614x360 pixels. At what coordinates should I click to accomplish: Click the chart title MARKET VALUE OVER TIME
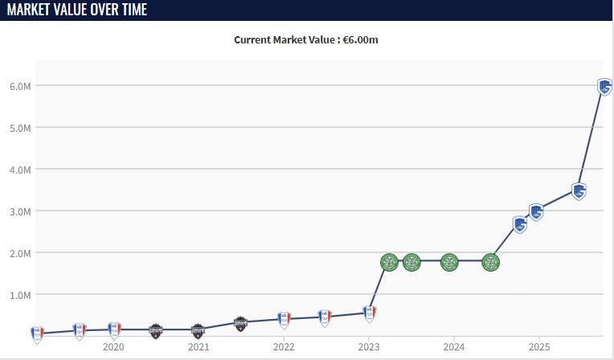point(77,10)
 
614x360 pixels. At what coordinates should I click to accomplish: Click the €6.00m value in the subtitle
point(359,39)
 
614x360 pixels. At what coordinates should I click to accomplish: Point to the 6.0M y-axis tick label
point(21,86)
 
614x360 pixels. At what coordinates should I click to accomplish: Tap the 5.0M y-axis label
point(21,128)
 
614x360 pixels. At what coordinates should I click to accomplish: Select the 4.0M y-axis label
point(21,170)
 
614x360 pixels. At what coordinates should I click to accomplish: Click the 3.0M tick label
point(21,211)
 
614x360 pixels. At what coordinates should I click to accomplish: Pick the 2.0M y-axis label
point(21,253)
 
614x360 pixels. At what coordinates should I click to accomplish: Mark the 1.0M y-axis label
point(21,295)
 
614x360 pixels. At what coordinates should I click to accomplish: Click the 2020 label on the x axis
point(113,347)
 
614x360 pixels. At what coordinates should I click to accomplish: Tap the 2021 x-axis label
point(199,347)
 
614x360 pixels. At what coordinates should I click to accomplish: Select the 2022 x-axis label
point(284,347)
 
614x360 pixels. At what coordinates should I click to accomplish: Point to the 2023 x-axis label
point(369,347)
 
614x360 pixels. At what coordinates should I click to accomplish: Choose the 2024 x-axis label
point(454,347)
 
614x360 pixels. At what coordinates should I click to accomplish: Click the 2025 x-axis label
point(539,347)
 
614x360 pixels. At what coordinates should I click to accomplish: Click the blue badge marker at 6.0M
point(605,87)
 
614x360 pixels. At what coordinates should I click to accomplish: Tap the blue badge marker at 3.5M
point(579,190)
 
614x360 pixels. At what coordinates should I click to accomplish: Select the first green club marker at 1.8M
point(389,261)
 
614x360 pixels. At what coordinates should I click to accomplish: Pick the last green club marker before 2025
point(491,261)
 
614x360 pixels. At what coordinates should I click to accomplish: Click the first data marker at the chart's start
point(36,333)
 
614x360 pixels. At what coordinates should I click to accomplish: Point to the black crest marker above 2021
point(199,329)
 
